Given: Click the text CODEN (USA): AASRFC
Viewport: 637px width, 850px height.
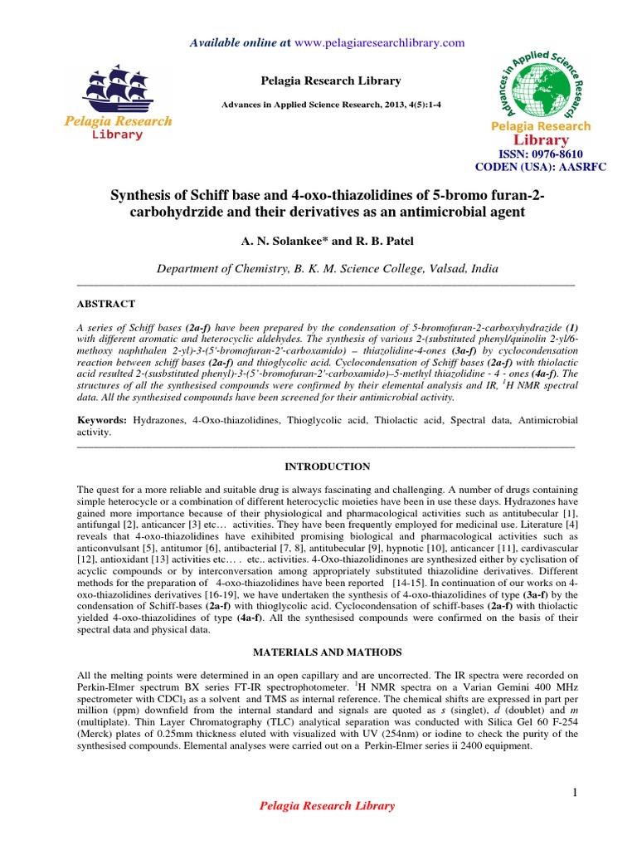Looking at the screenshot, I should click(540, 166).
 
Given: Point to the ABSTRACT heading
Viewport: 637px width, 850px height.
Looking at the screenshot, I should click(105, 305).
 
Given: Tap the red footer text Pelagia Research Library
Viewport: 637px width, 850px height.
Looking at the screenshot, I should click(328, 806).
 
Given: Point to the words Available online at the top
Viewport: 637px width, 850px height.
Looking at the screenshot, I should click(229, 42).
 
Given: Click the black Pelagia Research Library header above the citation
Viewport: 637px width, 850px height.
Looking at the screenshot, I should click(318, 81).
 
